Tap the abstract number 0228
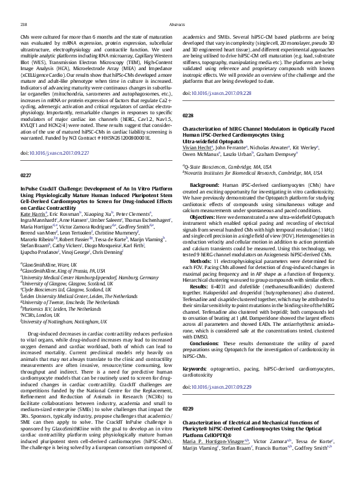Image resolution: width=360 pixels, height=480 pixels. [188, 114]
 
